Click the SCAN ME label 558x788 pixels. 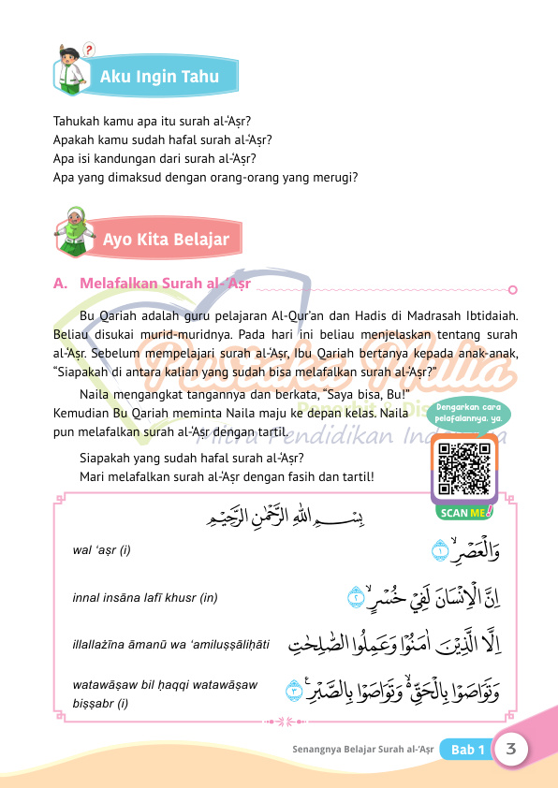pyautogui.click(x=463, y=511)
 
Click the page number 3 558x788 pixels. pyautogui.click(x=512, y=749)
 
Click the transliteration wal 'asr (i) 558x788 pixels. pyautogui.click(x=102, y=549)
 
